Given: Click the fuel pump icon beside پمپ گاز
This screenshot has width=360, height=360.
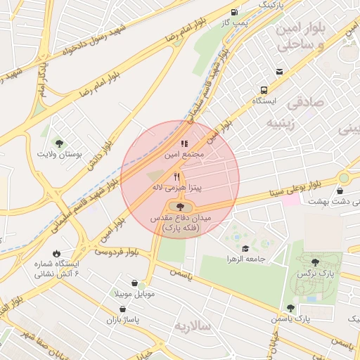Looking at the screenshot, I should point(234,12).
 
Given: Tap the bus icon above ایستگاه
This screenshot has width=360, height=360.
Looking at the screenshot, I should point(264,90).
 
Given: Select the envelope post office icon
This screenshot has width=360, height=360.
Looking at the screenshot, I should point(280,72).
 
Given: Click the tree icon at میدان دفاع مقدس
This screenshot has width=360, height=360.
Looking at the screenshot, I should point(181,207).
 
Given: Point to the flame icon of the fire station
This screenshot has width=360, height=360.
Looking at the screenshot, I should point(56,253).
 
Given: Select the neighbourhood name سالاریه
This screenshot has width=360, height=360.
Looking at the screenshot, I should point(192,326).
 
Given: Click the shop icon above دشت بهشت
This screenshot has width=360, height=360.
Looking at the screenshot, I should point(340,191).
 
